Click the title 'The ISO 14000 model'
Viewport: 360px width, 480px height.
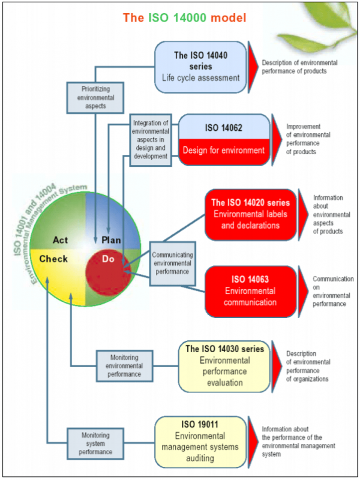[184, 17]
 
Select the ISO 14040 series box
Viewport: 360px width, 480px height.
[200, 67]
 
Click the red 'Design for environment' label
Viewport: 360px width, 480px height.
[224, 151]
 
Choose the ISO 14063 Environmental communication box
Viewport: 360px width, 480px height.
[250, 291]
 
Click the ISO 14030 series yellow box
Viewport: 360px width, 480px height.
[224, 365]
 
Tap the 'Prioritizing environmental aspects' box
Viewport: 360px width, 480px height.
[95, 97]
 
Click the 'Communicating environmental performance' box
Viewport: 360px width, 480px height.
[172, 263]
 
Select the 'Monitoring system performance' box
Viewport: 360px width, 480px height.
[95, 441]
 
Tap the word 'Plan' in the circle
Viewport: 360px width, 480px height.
[111, 240]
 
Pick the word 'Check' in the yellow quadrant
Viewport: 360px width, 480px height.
[53, 259]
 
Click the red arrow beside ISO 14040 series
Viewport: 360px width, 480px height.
[253, 67]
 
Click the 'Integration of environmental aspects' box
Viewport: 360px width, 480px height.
[150, 140]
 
